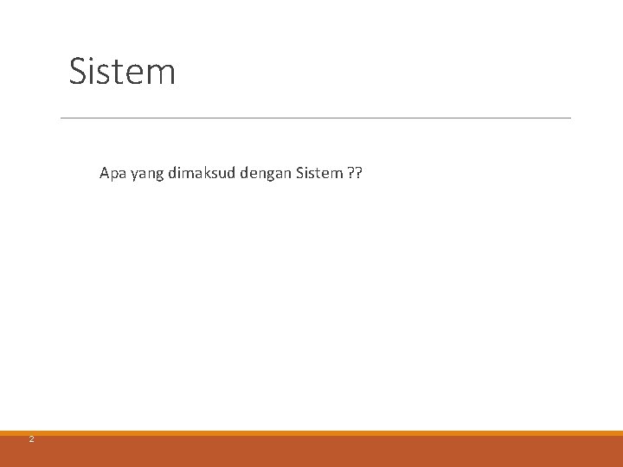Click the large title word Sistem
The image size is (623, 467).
(x=122, y=71)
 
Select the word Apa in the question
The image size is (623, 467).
(x=112, y=173)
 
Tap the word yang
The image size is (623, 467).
(x=145, y=174)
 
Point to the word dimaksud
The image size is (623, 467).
(x=200, y=173)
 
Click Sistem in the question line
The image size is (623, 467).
(x=318, y=173)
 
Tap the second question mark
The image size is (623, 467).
(x=359, y=173)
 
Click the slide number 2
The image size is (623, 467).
(x=31, y=439)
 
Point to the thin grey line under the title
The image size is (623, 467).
(x=316, y=118)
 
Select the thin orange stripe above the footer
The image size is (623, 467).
(x=311, y=433)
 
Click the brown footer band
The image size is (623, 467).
(x=311, y=451)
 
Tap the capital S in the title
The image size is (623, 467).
(x=78, y=71)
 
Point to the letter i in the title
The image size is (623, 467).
(x=93, y=71)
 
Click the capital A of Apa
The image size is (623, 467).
(x=105, y=173)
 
